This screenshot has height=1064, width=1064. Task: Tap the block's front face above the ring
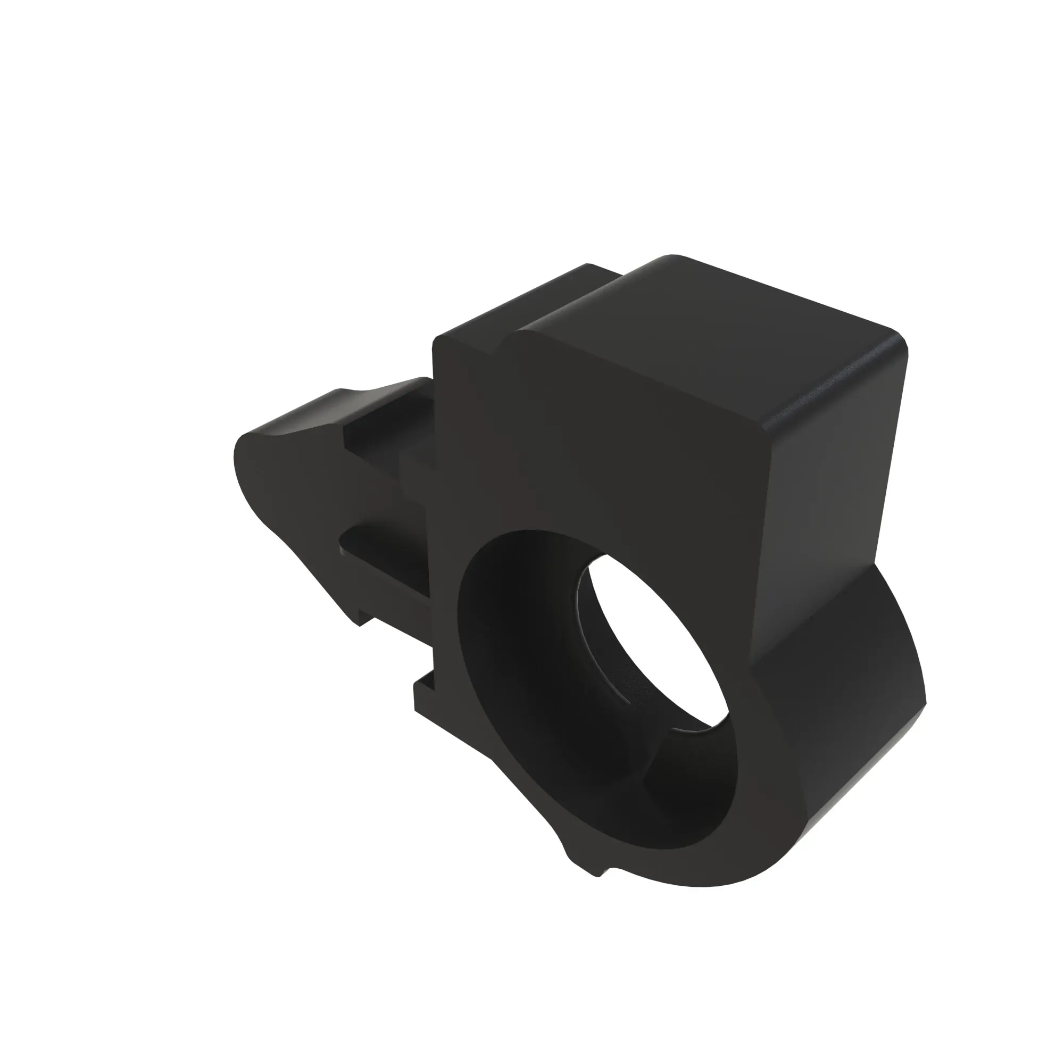tap(606, 452)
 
